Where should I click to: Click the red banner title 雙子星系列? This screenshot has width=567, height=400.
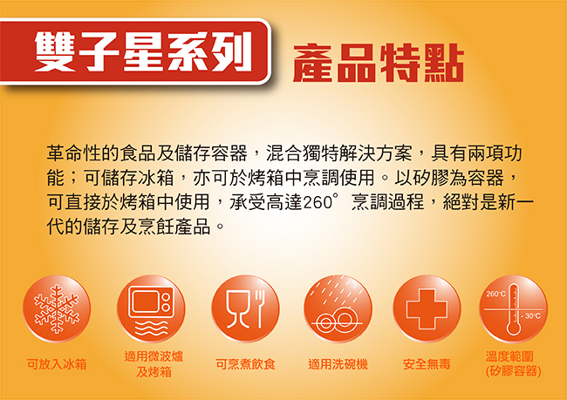click(x=143, y=52)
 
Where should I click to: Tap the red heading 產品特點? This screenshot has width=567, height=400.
click(x=379, y=63)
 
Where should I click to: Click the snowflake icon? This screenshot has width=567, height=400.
click(x=57, y=309)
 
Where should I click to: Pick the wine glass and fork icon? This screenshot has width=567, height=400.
click(x=245, y=309)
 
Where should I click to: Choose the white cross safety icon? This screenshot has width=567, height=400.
click(x=427, y=309)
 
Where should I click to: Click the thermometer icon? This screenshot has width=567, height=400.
click(x=514, y=309)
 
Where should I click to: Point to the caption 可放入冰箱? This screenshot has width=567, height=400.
click(x=57, y=364)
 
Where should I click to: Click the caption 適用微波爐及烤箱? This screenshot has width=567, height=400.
click(x=154, y=364)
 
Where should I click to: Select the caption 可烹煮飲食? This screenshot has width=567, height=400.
click(x=245, y=364)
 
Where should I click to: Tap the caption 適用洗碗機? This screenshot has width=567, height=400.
click(x=338, y=364)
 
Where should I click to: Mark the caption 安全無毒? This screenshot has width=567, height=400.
click(x=427, y=364)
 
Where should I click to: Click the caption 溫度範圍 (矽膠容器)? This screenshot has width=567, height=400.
click(x=514, y=364)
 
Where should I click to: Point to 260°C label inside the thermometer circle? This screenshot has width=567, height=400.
click(x=495, y=295)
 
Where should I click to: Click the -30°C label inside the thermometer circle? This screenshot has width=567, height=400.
click(x=531, y=316)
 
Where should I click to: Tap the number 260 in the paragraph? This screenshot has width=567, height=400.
click(x=318, y=202)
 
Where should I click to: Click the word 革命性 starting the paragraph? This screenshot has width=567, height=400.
click(x=74, y=153)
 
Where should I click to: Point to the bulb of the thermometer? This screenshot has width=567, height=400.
click(x=514, y=329)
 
